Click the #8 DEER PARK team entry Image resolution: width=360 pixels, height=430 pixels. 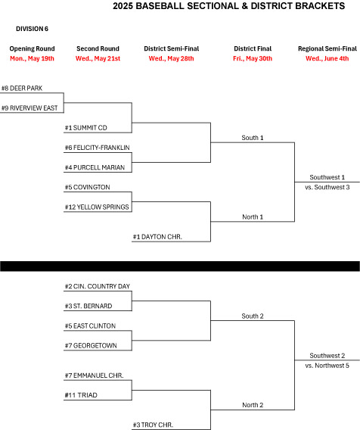coord(22,89)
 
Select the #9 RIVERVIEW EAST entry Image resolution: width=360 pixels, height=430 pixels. coord(29,108)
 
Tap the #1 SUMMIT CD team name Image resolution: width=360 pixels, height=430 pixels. coord(86,128)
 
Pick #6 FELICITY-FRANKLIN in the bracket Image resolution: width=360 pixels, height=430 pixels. coord(98,148)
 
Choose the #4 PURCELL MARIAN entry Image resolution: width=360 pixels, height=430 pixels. coord(95,167)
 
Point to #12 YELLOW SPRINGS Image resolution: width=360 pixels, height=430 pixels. coord(97,207)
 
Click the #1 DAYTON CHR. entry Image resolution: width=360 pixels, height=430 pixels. coord(157,237)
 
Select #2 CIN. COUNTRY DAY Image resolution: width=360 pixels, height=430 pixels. coord(98,286)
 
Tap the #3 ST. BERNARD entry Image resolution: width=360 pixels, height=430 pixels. coord(88,306)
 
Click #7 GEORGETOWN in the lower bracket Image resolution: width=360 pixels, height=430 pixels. coord(91,345)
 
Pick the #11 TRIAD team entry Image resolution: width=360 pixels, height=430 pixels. coord(81,395)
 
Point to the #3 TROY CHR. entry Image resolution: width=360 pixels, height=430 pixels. coord(153,425)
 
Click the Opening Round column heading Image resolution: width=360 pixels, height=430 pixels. coord(32,48)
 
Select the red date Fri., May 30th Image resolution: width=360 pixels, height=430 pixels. coord(253,58)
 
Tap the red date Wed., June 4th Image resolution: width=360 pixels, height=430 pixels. coord(327,58)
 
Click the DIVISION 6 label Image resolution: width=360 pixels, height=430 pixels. coord(32,29)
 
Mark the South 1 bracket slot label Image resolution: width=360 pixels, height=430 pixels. coord(253,138)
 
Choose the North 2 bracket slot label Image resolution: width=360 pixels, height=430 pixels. coord(253,405)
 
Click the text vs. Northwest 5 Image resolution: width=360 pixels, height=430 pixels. coord(327,366)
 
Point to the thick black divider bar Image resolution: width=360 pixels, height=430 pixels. coord(180,266)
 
